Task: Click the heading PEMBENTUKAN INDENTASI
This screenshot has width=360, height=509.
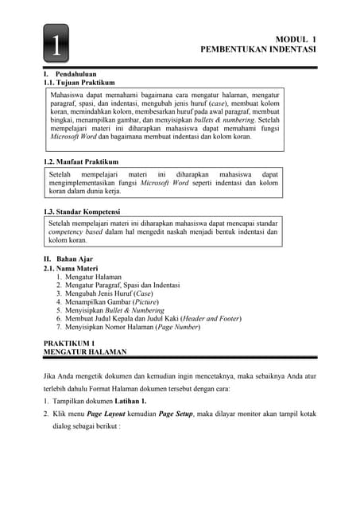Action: [x=258, y=49]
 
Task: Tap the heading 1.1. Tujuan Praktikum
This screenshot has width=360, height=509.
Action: [x=79, y=82]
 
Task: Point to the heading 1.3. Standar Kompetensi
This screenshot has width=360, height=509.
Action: [x=82, y=212]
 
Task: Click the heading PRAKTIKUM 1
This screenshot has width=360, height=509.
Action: [x=74, y=342]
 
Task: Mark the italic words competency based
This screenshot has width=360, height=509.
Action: [x=75, y=231]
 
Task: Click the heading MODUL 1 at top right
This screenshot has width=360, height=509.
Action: [x=295, y=38]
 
